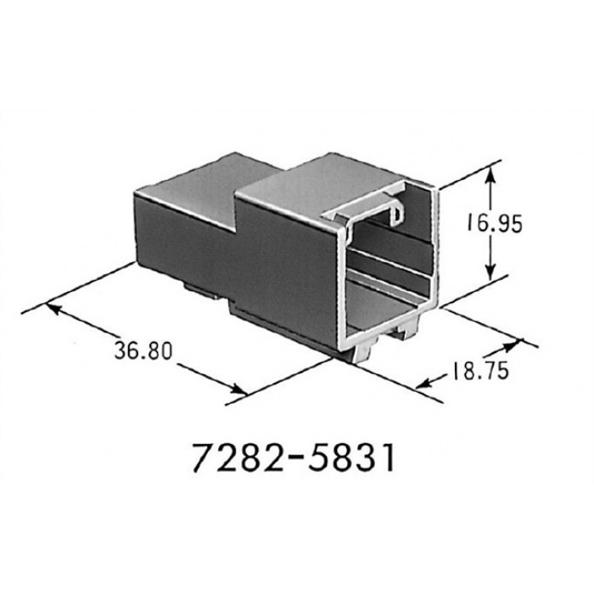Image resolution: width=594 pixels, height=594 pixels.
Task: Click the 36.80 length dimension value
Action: point(143,350)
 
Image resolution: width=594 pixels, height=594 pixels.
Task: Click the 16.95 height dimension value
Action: point(494,222)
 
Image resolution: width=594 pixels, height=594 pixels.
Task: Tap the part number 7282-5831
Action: point(294,457)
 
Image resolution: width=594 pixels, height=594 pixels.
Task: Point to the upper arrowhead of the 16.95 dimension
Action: point(490,174)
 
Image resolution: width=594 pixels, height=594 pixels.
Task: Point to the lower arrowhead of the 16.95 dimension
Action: point(490,272)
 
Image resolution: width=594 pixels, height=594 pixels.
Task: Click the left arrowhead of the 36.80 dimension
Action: point(53,307)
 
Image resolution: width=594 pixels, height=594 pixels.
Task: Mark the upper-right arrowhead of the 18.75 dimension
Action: point(514,344)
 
